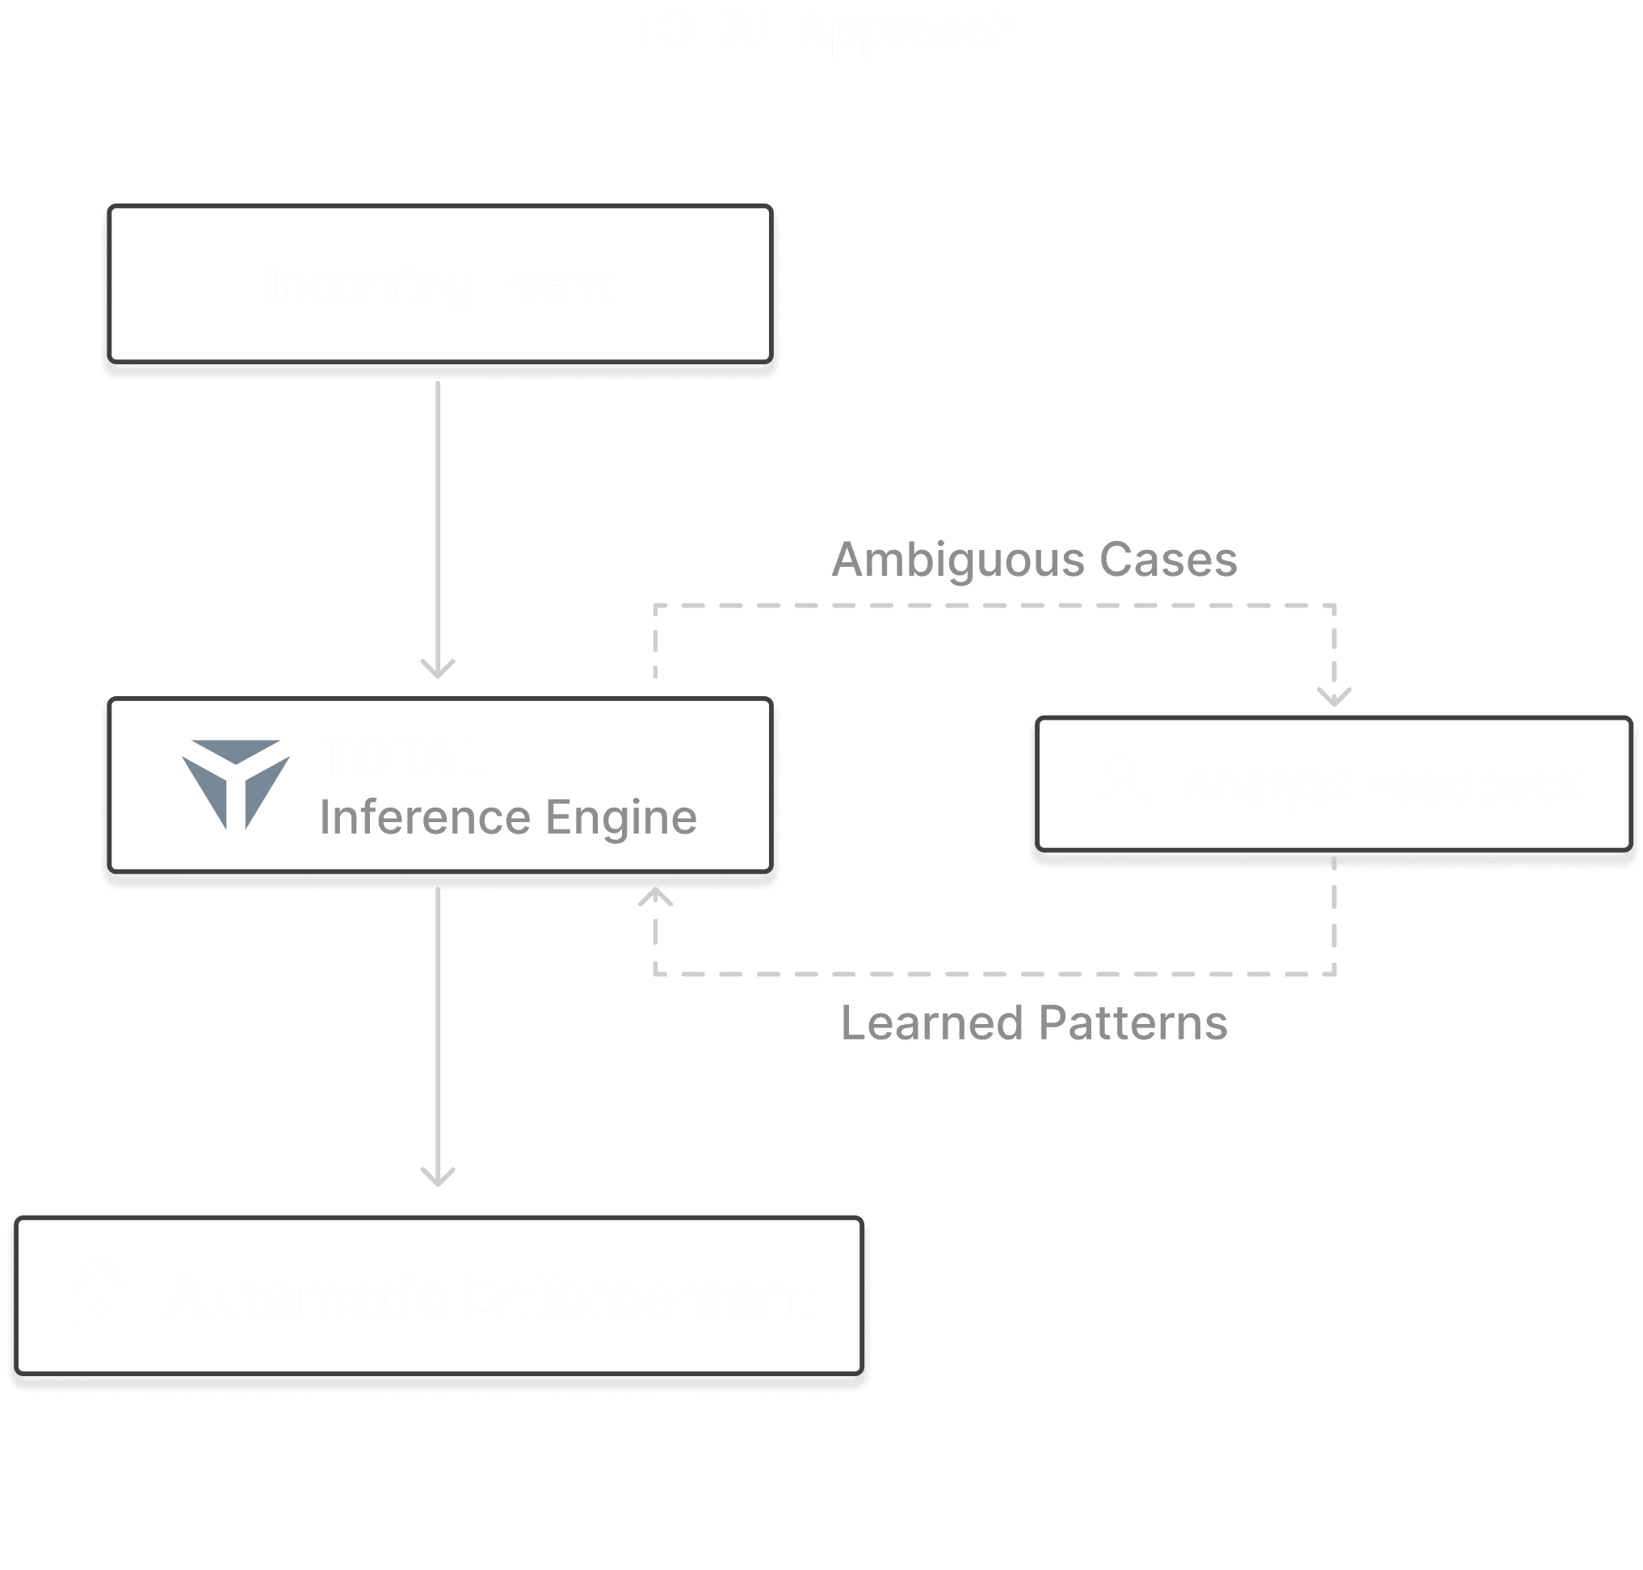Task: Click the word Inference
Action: (x=424, y=816)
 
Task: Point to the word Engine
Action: (x=621, y=818)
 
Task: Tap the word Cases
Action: (x=1167, y=560)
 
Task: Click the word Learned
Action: (x=931, y=1022)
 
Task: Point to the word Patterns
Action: (x=1133, y=1022)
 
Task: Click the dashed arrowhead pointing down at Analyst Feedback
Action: (x=1334, y=697)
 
